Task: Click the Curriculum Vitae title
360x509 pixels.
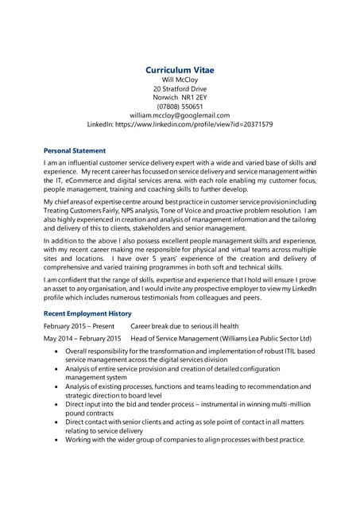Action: click(180, 70)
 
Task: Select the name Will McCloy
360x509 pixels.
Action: click(180, 81)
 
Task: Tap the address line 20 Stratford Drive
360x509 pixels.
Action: click(180, 90)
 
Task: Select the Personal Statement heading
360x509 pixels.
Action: click(74, 150)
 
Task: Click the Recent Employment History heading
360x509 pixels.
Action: click(87, 314)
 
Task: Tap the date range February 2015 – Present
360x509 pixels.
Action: click(79, 327)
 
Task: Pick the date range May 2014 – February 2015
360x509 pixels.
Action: click(82, 339)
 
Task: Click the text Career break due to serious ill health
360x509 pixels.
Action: click(184, 327)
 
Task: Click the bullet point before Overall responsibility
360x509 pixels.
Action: click(55, 352)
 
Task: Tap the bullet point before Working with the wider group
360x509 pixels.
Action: click(55, 440)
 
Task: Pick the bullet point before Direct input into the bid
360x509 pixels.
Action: click(55, 405)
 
